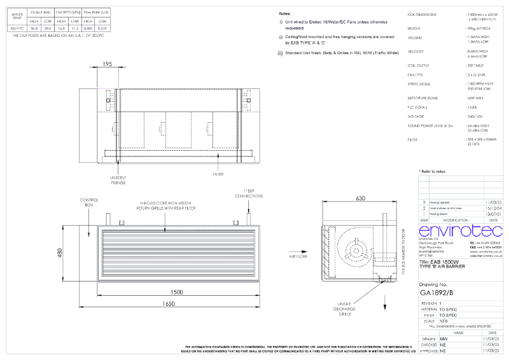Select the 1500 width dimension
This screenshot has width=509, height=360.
click(x=177, y=292)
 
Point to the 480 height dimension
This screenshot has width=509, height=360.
click(x=60, y=253)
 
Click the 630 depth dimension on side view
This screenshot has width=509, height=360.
click(x=360, y=198)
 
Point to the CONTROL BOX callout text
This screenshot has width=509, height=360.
click(x=88, y=203)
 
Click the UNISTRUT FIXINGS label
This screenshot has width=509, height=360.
click(x=117, y=180)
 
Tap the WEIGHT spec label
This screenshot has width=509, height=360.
click(x=415, y=28)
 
